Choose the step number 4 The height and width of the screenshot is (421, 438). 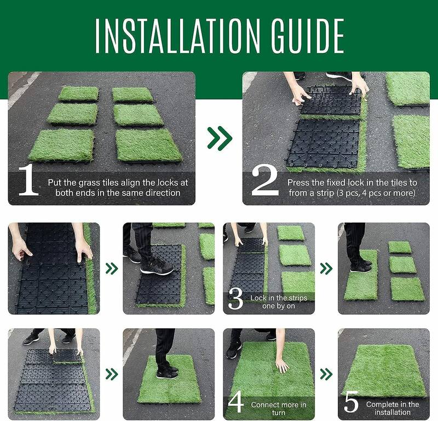[x=236, y=402]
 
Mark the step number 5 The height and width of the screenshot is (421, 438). [x=351, y=403]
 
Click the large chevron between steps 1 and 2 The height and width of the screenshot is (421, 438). [x=219, y=139]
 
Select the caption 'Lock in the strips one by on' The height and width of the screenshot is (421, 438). [x=279, y=301]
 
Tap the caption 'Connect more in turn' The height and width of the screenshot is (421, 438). [x=279, y=408]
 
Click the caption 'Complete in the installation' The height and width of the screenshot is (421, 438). [x=393, y=408]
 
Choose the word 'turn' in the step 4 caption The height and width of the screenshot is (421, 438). [x=279, y=412]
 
